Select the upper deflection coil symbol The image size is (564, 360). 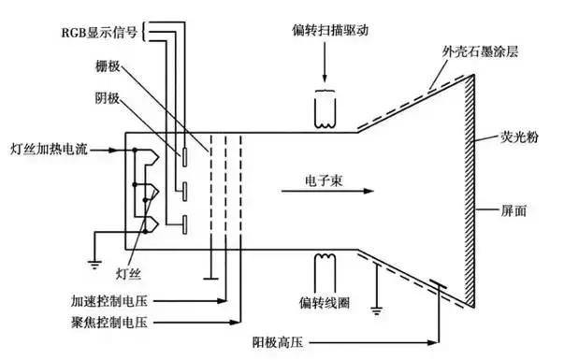point(324,110)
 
